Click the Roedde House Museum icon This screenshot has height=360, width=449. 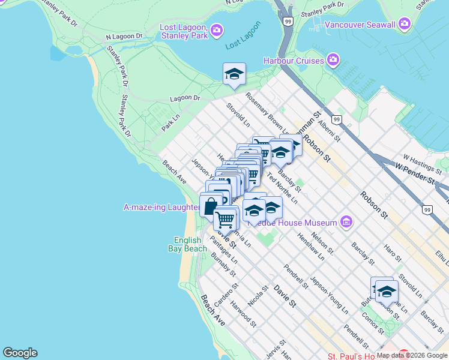click(346, 223)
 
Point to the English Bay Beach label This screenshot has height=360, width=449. click(187, 243)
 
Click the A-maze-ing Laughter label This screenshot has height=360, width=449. click(161, 208)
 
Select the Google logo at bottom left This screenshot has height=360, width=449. click(20, 353)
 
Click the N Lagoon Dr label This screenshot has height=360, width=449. click(124, 36)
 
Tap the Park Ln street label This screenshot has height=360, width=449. click(171, 123)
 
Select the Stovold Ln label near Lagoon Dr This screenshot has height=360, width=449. click(238, 115)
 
